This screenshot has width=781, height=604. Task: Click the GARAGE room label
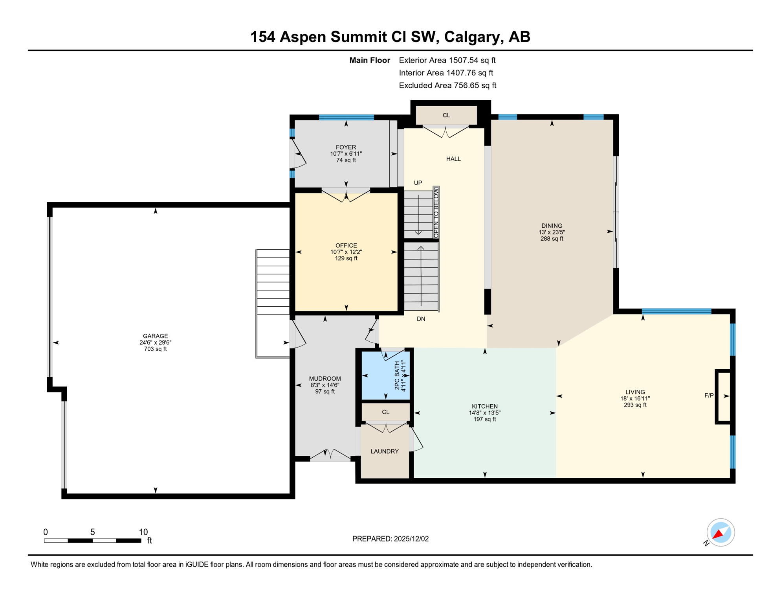click(155, 336)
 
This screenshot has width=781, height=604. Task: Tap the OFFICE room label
click(346, 246)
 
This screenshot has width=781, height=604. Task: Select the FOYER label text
click(346, 147)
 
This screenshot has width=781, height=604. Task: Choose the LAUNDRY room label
click(385, 451)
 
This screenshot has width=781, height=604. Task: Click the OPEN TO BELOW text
click(436, 213)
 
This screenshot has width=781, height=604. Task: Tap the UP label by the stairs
click(418, 183)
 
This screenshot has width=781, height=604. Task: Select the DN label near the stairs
click(421, 319)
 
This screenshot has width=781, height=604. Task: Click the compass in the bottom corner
click(720, 532)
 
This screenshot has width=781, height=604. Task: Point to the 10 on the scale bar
click(143, 532)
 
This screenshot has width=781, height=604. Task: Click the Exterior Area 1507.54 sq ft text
click(447, 60)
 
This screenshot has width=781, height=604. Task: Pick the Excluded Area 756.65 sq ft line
click(447, 85)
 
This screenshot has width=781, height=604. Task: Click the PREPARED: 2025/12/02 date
click(390, 539)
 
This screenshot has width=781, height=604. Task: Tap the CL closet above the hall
click(446, 115)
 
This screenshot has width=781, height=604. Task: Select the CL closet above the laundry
click(385, 412)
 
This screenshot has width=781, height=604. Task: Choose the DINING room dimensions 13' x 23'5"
click(552, 232)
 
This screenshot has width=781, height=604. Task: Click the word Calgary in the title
click(474, 37)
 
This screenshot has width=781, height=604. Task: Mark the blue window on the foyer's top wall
click(346, 117)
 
